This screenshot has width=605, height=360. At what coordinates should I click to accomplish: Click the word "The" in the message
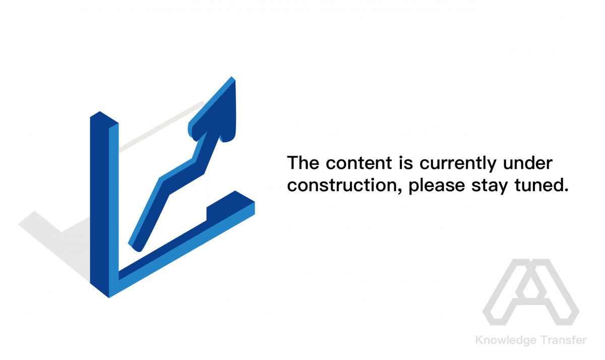303,163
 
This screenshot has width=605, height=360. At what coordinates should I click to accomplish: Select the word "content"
358,163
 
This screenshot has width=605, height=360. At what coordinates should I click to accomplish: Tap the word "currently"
458,164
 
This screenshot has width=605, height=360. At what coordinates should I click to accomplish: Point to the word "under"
528,163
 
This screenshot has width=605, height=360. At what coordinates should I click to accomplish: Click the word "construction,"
344,186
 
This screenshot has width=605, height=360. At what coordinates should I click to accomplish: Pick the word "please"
437,186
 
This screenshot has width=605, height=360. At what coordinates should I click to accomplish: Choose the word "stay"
490,187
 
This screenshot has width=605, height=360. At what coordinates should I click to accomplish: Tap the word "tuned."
541,185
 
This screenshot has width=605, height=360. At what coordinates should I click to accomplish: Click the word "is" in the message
406,163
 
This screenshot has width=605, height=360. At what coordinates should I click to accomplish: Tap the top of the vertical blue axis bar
104,117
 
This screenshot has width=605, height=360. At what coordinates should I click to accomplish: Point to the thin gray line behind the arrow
161,127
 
